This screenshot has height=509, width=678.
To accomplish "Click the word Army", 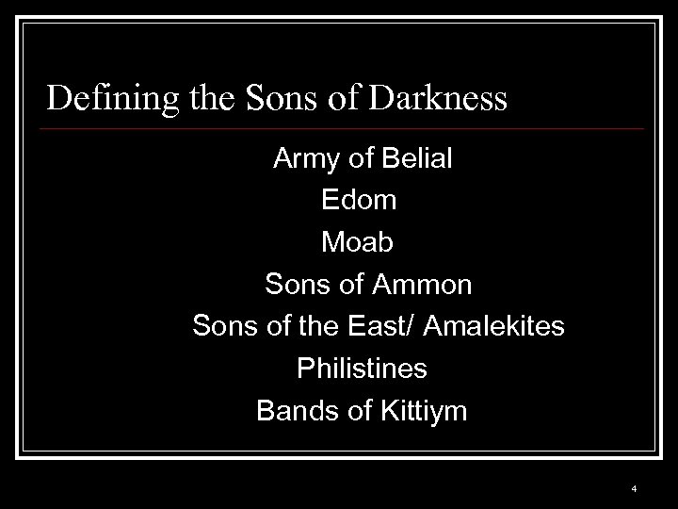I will click(307, 159).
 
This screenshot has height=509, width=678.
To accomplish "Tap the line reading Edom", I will click(359, 201).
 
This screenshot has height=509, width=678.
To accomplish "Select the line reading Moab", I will click(359, 242).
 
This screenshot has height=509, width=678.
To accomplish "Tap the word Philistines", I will click(362, 369).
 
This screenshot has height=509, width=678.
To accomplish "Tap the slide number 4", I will click(635, 489).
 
